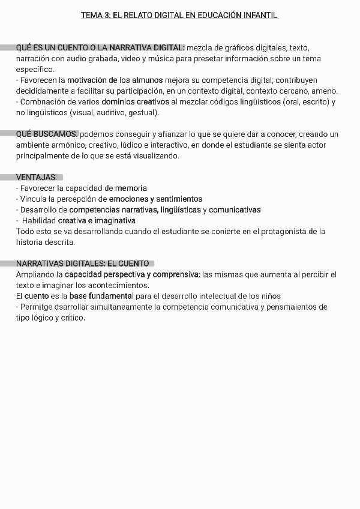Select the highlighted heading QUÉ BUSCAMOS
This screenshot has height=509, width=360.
(x=47, y=134)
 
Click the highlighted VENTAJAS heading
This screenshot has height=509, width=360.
(x=37, y=177)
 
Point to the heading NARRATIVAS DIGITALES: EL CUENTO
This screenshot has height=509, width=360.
(x=82, y=264)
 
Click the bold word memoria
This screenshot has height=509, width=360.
(x=131, y=188)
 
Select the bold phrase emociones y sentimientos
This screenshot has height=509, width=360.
(x=155, y=199)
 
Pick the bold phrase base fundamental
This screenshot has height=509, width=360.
(x=101, y=296)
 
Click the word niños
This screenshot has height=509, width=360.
(x=271, y=296)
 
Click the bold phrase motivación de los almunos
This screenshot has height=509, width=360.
(x=115, y=80)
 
